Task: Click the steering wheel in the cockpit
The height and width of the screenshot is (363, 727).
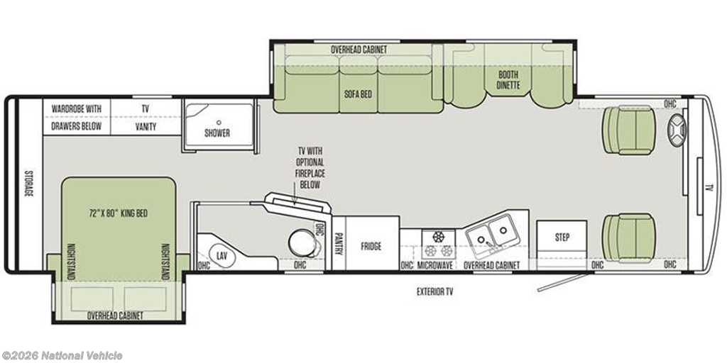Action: click(x=677, y=130)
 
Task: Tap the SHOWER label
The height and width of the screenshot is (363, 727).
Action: click(x=217, y=133)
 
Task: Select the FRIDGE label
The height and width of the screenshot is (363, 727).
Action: click(x=371, y=246)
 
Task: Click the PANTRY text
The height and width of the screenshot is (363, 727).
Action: click(x=339, y=243)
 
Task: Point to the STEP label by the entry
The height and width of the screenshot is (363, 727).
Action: click(x=562, y=237)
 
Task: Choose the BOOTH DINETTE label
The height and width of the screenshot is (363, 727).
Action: click(x=508, y=79)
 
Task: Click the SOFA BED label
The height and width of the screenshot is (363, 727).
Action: click(x=358, y=94)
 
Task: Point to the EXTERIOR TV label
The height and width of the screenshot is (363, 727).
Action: click(x=434, y=291)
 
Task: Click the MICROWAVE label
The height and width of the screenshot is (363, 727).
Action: click(x=435, y=265)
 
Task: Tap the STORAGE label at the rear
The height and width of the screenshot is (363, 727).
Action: click(x=29, y=184)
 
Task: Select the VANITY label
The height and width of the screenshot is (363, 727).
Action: click(x=146, y=126)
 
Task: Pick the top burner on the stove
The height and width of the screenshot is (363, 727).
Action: click(x=438, y=237)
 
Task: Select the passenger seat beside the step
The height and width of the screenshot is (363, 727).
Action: click(x=629, y=238)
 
